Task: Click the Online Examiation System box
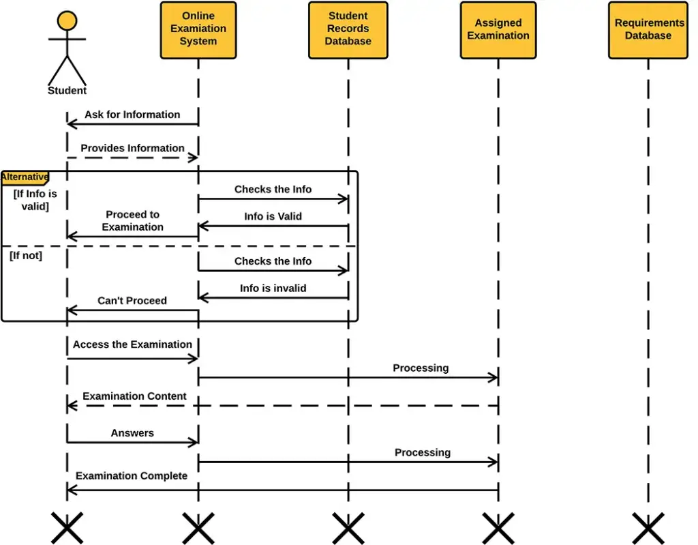pos(198,30)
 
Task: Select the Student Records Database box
pos(348,30)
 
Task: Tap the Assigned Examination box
pos(498,30)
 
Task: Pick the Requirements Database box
pos(648,30)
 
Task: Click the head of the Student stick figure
pos(67,20)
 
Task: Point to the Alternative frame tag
pos(25,177)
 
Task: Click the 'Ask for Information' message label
pos(132,115)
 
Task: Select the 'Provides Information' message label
pos(132,148)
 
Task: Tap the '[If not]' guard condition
pos(26,255)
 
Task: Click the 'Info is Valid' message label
pos(273,216)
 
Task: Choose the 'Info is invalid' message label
pos(273,289)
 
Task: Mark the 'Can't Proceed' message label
pos(132,301)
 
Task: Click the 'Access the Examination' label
pos(132,344)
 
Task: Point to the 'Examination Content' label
pos(134,396)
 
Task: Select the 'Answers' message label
pos(132,433)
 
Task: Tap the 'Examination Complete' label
pos(132,476)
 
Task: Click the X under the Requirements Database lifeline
pos(648,528)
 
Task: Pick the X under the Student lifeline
pos(67,528)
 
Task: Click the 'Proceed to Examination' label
pos(132,220)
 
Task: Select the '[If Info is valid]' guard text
pos(35,200)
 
